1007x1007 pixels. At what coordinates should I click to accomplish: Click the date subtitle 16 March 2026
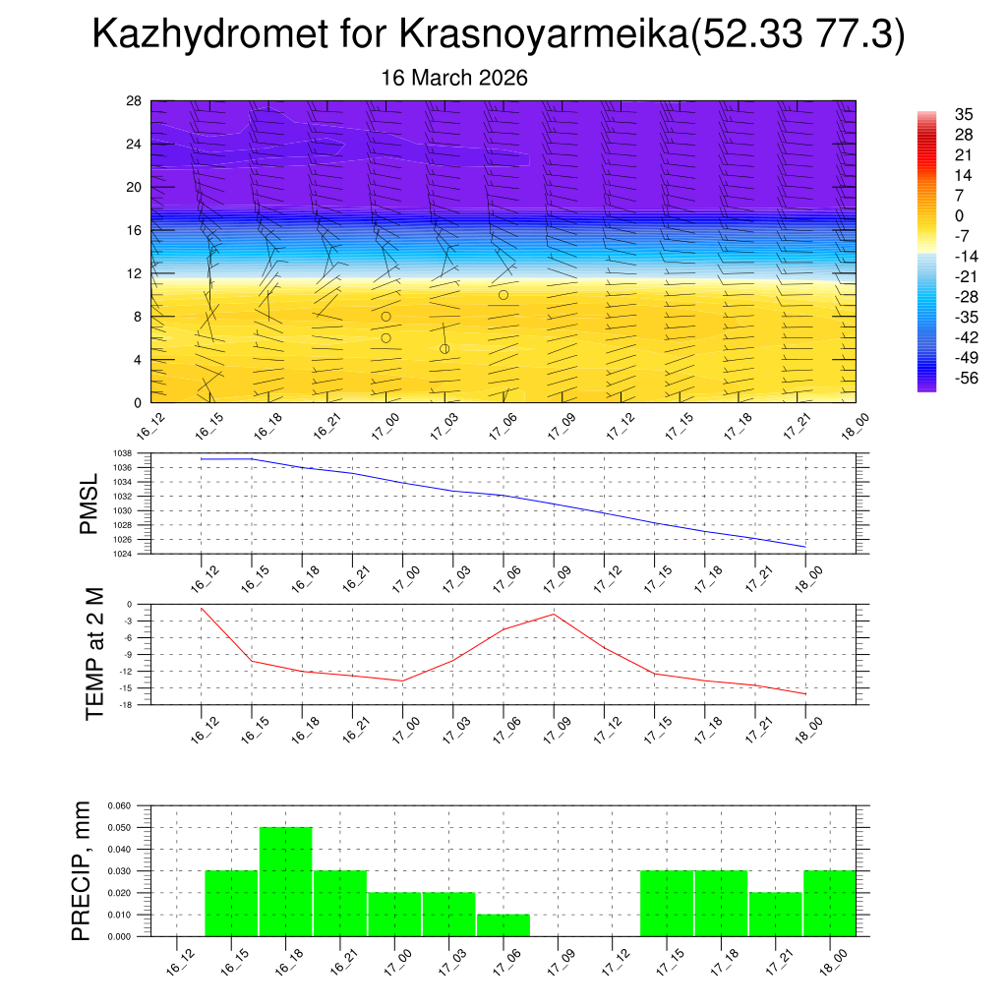pos(454,79)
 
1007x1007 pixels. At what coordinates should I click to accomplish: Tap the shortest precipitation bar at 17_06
pos(503,925)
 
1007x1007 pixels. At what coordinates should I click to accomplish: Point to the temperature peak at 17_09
pos(554,614)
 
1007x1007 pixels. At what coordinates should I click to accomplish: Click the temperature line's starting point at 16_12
pos(202,608)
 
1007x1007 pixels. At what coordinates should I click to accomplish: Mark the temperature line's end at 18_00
pos(805,694)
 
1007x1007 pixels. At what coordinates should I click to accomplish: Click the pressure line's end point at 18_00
pos(805,546)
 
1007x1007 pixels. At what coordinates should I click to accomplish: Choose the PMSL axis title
pos(89,503)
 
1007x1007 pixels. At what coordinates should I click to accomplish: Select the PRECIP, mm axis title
pos(83,871)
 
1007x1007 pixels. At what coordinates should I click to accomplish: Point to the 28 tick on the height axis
pos(135,101)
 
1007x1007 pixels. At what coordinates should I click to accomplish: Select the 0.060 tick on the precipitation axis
pos(119,805)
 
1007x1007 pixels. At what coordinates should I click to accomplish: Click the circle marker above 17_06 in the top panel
pos(503,295)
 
